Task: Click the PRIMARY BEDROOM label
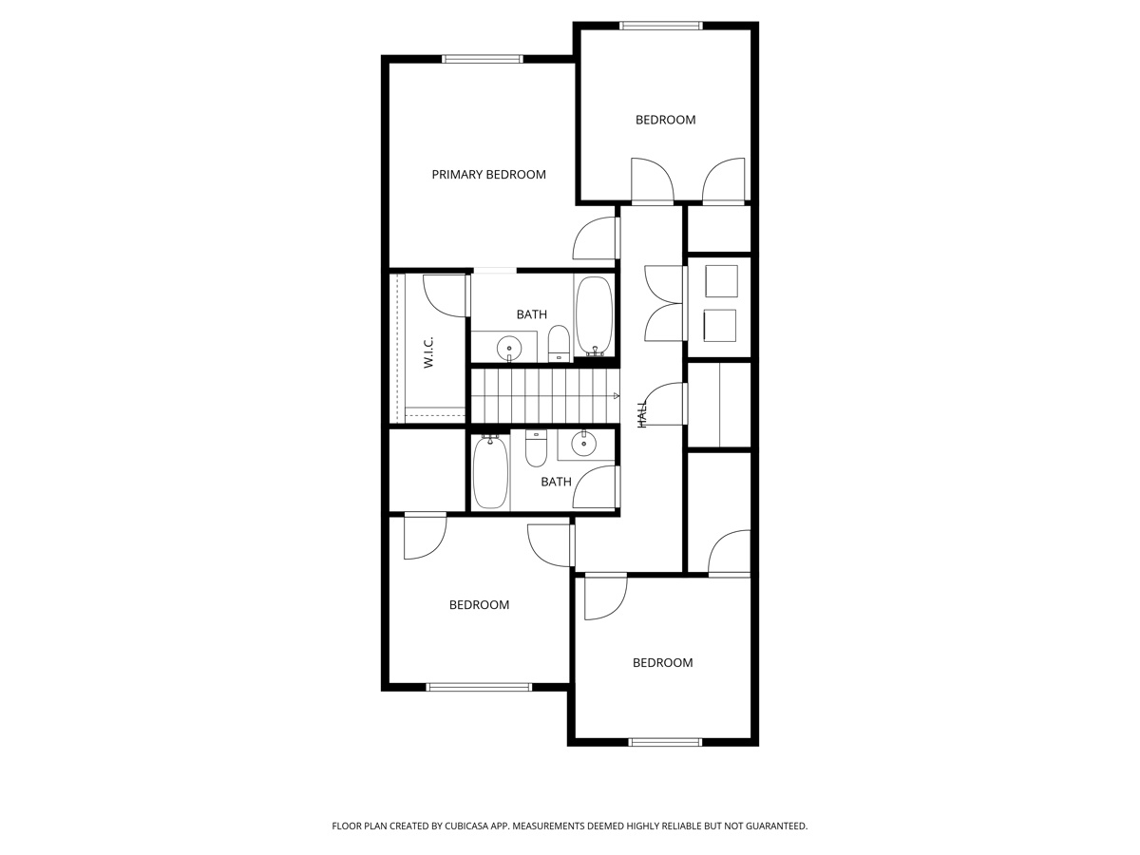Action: coord(488,175)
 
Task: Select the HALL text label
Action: coord(642,413)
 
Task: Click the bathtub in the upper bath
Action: coord(594,316)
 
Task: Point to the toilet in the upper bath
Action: coord(559,343)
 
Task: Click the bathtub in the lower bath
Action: coord(490,471)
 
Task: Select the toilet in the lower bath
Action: coord(537,448)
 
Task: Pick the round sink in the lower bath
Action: coord(582,443)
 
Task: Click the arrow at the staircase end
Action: coord(616,395)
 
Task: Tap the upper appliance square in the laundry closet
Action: coord(721,281)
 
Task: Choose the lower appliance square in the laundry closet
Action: coord(719,325)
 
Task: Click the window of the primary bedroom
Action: coord(483,59)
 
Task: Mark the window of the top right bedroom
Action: coord(661,26)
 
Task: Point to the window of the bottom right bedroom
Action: coord(665,742)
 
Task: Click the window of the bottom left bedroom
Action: coord(479,687)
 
